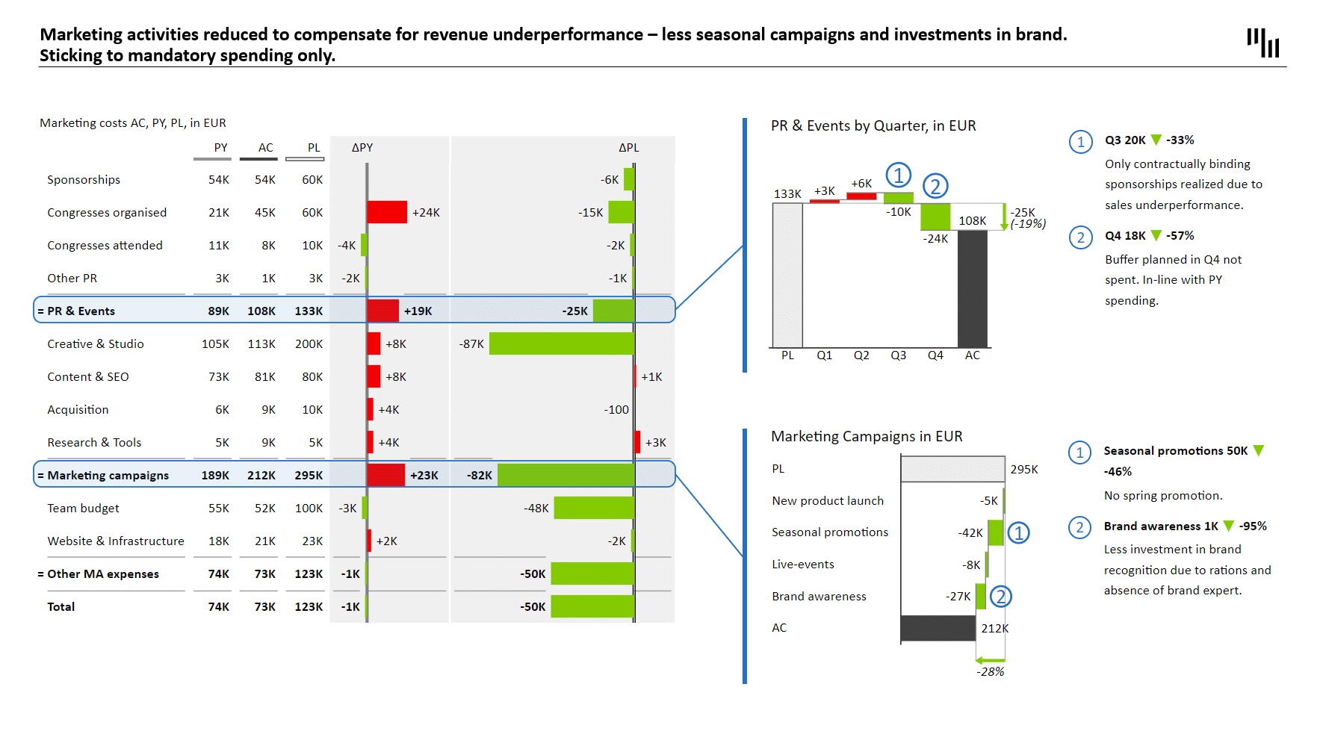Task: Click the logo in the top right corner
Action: click(x=1262, y=43)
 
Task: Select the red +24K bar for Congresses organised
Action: click(x=386, y=212)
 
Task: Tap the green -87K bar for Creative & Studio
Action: click(x=561, y=343)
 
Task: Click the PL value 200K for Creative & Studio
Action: click(x=309, y=343)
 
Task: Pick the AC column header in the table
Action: click(x=265, y=148)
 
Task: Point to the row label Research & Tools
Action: click(x=94, y=442)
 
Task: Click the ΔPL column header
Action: click(x=628, y=148)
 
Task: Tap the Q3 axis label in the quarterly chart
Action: click(x=898, y=355)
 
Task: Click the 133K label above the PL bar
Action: click(x=787, y=194)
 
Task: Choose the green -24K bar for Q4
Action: click(x=935, y=217)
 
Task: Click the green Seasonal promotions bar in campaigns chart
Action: click(x=995, y=532)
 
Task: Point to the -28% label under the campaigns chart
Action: click(x=990, y=672)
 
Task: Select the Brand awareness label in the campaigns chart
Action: click(x=819, y=596)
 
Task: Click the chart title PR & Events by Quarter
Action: click(x=873, y=126)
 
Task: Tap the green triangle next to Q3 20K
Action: click(x=1156, y=140)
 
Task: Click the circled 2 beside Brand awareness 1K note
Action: click(x=1079, y=528)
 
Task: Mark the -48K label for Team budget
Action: click(x=536, y=509)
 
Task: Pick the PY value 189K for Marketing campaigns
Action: click(x=215, y=476)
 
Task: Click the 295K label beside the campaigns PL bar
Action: click(x=1024, y=470)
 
